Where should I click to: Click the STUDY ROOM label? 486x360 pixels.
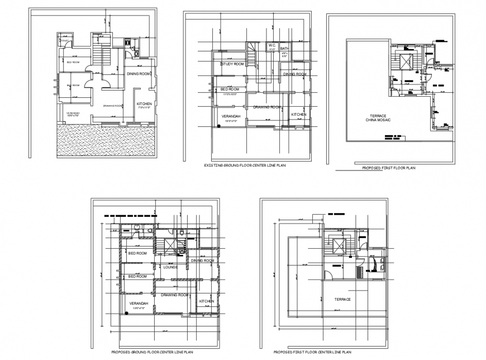[232, 64]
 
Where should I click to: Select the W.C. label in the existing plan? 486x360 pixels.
[272, 45]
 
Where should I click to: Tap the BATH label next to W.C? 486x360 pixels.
[284, 49]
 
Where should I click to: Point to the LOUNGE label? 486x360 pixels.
[170, 267]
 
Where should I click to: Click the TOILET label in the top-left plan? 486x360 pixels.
[65, 41]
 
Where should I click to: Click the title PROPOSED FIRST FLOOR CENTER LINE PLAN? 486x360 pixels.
[312, 352]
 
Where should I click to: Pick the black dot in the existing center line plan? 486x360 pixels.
[219, 127]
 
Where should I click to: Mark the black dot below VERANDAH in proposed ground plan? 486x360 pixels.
[127, 313]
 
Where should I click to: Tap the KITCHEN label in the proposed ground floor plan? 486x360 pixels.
[206, 301]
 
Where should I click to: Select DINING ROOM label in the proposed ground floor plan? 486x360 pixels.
[202, 260]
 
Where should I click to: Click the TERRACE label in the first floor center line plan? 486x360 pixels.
[342, 299]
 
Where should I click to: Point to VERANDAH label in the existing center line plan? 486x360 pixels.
[231, 116]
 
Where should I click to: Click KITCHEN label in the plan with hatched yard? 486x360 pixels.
[144, 105]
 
